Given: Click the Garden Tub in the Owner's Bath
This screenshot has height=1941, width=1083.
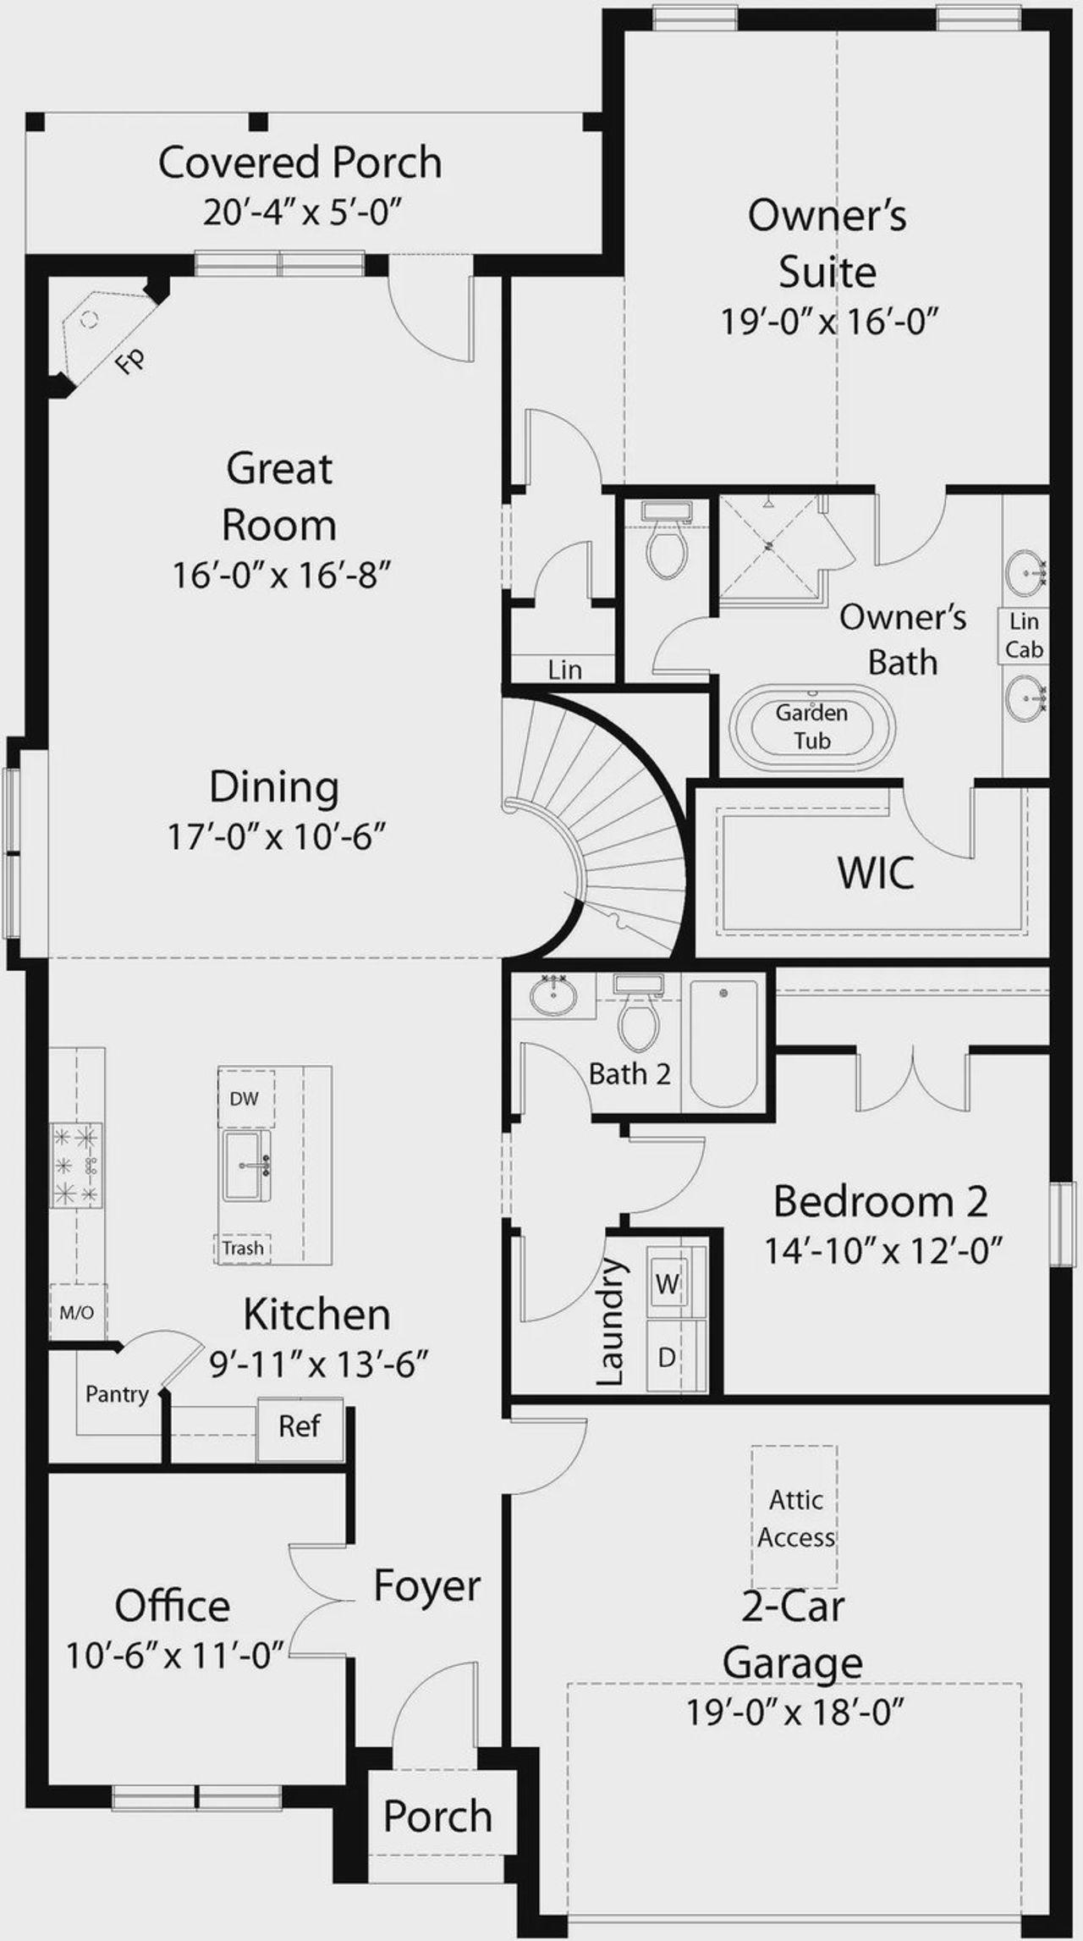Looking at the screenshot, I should (x=811, y=727).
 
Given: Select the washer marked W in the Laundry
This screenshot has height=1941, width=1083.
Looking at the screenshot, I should (x=668, y=1284).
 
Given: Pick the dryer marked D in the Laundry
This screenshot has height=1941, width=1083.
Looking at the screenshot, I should (x=668, y=1358).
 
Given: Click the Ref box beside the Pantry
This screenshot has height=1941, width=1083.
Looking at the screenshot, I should (x=300, y=1426).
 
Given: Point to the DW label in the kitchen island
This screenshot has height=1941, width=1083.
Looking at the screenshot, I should (x=245, y=1099).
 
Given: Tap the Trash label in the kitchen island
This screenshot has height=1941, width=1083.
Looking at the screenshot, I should (x=243, y=1248).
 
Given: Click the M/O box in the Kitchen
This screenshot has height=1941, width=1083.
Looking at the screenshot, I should (x=77, y=1313).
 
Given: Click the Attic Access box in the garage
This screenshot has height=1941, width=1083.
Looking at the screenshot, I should (x=795, y=1519).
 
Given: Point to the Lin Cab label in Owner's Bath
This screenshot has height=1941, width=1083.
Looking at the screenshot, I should (x=1024, y=636).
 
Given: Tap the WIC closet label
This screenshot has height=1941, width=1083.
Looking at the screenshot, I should (x=876, y=873).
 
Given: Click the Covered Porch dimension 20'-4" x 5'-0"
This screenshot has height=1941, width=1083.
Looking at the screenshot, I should (x=300, y=212).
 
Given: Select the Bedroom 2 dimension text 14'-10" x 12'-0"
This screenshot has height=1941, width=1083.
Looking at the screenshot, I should (x=883, y=1249).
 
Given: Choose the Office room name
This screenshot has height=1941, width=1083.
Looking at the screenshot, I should (x=173, y=1605).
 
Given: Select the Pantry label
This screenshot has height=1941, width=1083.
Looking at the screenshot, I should (x=117, y=1393).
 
